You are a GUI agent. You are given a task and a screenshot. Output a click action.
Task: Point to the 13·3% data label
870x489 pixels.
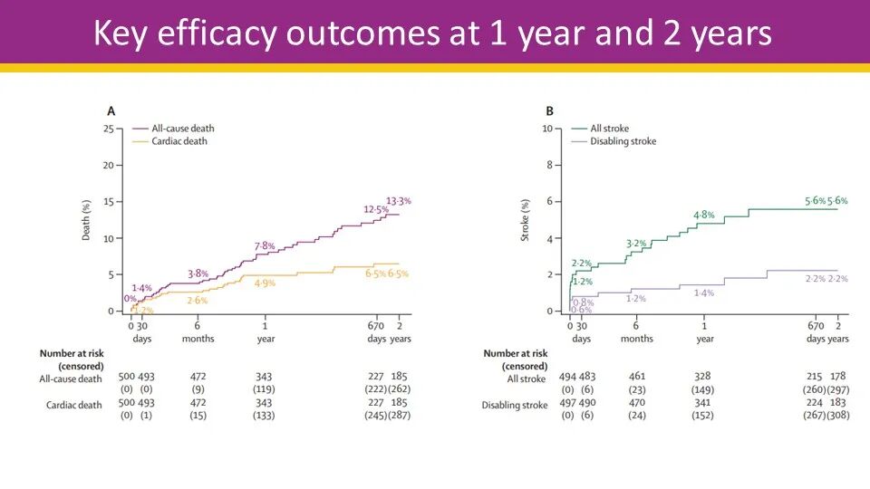(399, 200)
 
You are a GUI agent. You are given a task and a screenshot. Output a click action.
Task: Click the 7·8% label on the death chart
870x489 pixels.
(263, 245)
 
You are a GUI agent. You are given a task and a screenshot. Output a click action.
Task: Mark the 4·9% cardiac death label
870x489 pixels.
(265, 283)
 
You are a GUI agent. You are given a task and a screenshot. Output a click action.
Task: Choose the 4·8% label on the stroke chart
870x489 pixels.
(704, 216)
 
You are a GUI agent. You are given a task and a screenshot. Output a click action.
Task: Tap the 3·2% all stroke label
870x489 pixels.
(636, 244)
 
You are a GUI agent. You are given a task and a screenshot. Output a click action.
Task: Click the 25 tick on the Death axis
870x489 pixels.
(108, 129)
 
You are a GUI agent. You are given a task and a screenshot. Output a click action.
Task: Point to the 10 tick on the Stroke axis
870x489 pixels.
(546, 129)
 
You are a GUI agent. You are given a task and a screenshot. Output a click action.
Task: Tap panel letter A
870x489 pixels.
(111, 111)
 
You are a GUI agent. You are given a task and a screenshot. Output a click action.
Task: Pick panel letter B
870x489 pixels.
(549, 111)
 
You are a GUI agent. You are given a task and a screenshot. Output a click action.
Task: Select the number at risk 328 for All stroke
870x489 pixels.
(704, 376)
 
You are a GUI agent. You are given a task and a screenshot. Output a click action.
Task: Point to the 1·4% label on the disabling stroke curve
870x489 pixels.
(704, 292)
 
